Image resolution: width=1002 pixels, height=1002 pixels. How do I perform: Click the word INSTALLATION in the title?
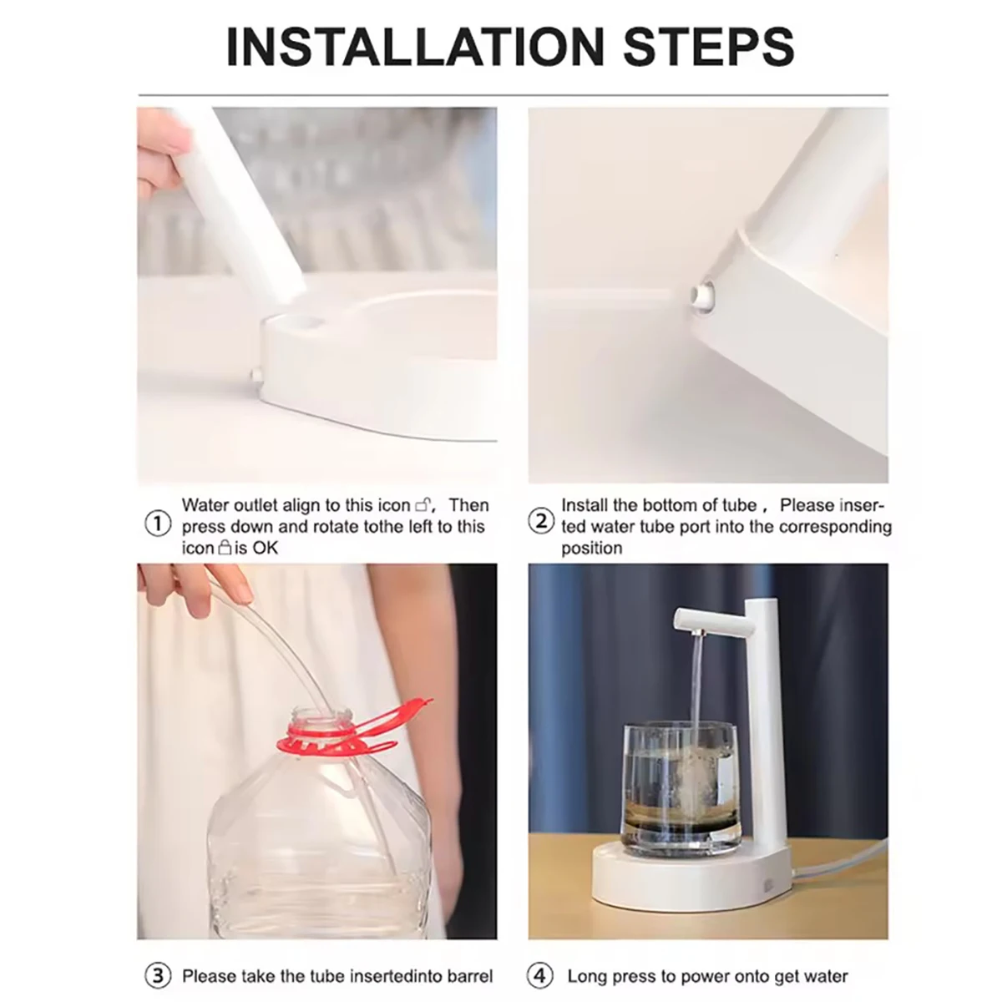(415, 48)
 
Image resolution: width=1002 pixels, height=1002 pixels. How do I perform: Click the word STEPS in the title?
(709, 48)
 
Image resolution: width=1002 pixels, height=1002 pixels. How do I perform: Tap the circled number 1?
(158, 524)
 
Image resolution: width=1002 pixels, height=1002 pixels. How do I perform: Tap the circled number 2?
(541, 521)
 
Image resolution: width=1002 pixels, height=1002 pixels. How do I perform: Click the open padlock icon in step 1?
(423, 505)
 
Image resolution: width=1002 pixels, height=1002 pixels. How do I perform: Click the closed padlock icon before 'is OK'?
(225, 548)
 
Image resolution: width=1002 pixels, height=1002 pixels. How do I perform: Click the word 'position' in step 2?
(592, 548)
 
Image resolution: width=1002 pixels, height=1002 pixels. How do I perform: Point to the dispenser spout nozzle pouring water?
(698, 633)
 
